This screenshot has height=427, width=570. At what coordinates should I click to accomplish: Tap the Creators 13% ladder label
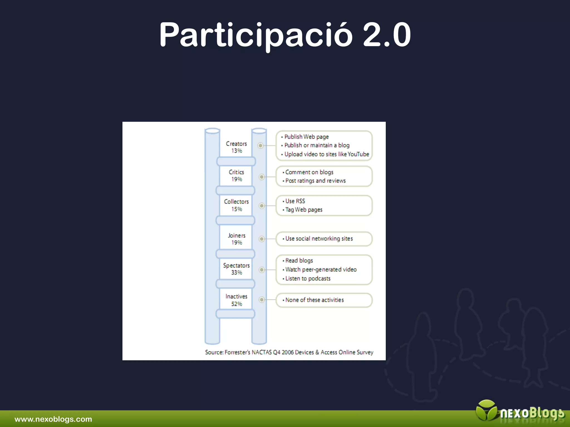point(236,147)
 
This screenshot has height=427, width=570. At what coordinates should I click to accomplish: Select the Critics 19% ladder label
point(236,176)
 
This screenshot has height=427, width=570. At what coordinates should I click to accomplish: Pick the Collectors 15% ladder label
point(236,205)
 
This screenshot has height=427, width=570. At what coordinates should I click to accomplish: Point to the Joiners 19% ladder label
point(237,239)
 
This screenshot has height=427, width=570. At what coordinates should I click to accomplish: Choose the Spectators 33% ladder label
point(236,269)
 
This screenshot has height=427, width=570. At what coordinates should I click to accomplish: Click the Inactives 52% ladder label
point(236,300)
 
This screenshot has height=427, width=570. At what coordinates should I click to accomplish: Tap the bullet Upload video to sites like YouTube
point(326,154)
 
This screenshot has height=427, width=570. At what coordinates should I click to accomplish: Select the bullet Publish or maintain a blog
point(317,145)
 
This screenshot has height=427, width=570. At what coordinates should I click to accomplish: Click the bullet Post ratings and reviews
point(315,181)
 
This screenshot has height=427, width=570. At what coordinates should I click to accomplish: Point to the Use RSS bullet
point(295,201)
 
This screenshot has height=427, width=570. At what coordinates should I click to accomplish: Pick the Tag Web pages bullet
point(304,210)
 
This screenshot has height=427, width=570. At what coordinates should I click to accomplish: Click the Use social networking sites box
point(324,239)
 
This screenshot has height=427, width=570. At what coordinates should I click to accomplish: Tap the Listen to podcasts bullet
point(308,279)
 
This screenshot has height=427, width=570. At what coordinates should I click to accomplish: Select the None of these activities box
point(324,300)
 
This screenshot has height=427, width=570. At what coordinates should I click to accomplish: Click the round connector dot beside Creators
point(261,145)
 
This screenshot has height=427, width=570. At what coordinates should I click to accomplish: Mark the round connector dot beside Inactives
point(262,300)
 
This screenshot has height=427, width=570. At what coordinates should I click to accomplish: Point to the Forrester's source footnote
point(289,352)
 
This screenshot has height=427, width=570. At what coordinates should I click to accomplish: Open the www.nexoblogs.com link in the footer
point(53,419)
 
